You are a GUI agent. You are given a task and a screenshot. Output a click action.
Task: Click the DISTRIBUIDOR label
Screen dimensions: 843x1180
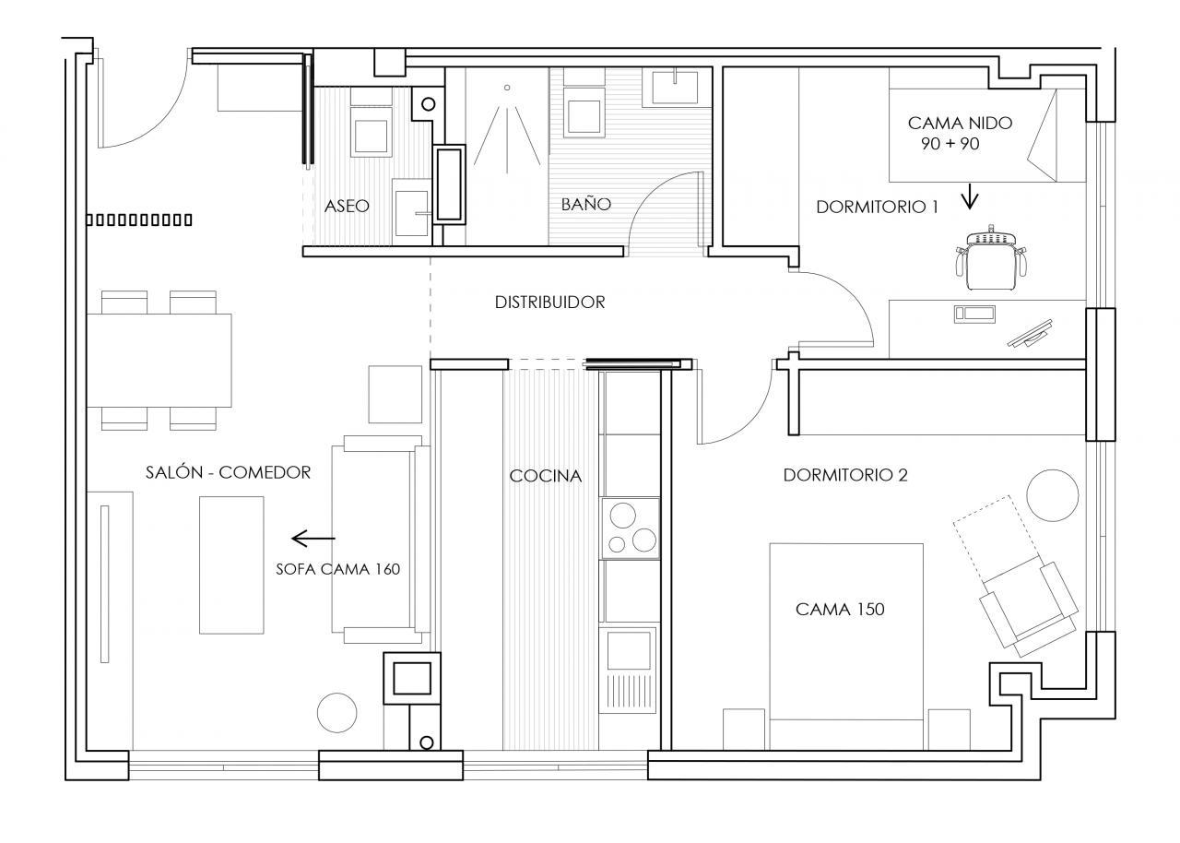coord(549,302)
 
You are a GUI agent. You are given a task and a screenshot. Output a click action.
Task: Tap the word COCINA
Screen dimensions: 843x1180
coord(546,476)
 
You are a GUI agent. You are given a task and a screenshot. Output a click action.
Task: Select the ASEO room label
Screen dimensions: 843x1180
coord(347,206)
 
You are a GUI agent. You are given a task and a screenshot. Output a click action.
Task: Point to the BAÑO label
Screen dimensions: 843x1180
coord(586,205)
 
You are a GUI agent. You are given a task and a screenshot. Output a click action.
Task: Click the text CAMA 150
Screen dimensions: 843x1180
coord(840,609)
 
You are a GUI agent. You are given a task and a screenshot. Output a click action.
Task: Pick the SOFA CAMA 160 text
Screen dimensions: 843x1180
coord(337,569)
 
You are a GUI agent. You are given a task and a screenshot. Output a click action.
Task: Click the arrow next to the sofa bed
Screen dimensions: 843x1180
coord(313,538)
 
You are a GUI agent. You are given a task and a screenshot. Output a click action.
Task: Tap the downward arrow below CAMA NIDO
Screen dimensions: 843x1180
coord(970,196)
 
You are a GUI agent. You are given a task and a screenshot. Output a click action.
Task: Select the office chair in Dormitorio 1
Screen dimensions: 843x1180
coord(991,255)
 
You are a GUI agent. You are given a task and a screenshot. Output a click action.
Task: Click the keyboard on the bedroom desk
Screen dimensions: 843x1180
coord(974,314)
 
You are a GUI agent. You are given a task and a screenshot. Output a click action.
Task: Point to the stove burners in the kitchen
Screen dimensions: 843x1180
coord(631,528)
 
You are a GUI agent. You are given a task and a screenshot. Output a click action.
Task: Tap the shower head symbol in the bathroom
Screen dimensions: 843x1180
coord(506,88)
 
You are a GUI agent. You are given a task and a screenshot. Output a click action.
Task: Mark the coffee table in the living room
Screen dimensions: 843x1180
coord(231,564)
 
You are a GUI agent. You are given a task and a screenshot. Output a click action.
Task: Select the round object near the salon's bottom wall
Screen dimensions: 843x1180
coord(336,712)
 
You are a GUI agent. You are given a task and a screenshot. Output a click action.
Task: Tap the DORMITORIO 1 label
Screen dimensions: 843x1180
coord(877,208)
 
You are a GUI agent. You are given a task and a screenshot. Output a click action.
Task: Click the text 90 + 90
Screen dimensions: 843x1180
coord(949,145)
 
